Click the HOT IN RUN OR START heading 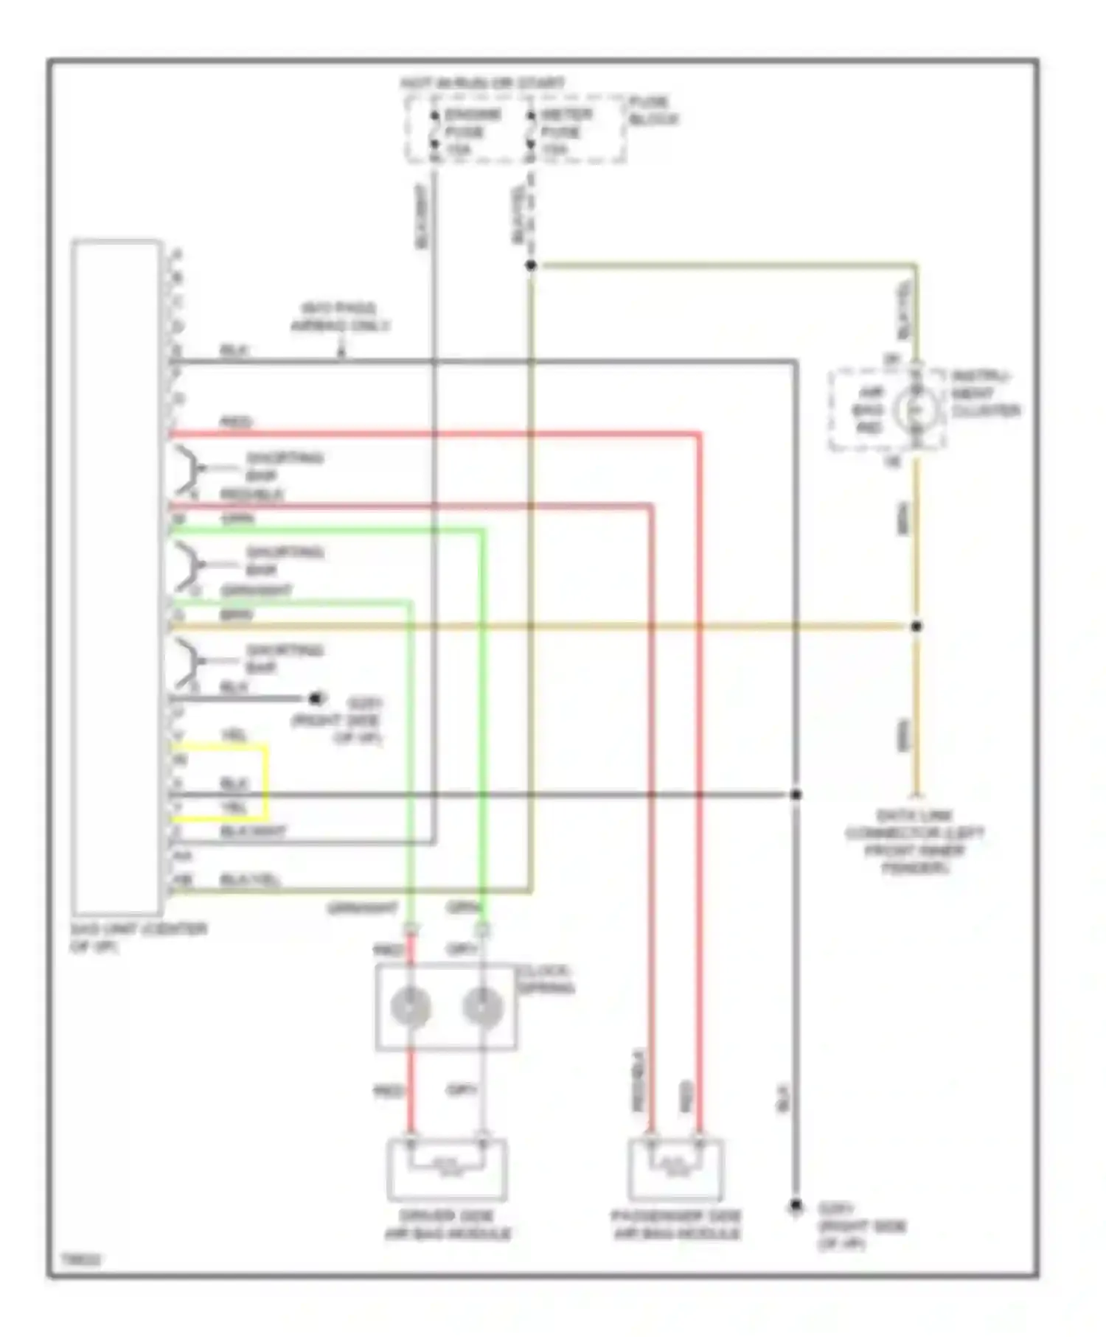point(483,83)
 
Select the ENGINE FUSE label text point(472,132)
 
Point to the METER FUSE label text point(566,132)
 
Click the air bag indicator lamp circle point(916,409)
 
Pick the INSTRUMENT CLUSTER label point(984,394)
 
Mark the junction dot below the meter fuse point(530,265)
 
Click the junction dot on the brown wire point(916,626)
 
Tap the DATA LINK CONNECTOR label point(914,842)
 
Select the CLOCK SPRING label point(546,979)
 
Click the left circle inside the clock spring point(411,1007)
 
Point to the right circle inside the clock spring point(482,1007)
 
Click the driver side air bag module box point(447,1170)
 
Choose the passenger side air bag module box point(675,1170)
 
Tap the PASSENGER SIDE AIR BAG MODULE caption point(675,1225)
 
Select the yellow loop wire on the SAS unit point(265,783)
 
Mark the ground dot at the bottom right point(796,1206)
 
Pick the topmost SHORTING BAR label point(283,467)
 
